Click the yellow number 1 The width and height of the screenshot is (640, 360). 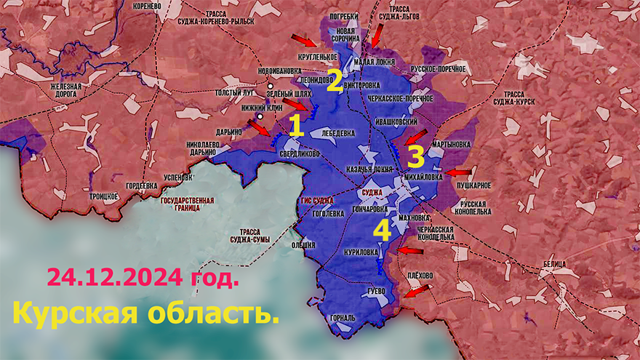coord(296,127)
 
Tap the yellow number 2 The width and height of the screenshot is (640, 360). coord(334,81)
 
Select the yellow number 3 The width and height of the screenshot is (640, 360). coord(415,156)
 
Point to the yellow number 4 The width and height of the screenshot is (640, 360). coord(382,231)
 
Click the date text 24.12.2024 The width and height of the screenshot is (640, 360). coord(142,278)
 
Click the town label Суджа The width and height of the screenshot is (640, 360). coord(372,192)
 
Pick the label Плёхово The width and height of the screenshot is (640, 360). coord(420,275)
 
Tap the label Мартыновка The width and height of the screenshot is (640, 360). coord(451,145)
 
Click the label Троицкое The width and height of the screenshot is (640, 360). coord(103,196)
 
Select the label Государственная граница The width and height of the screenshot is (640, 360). coord(187,204)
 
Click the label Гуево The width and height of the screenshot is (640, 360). coord(375,291)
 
